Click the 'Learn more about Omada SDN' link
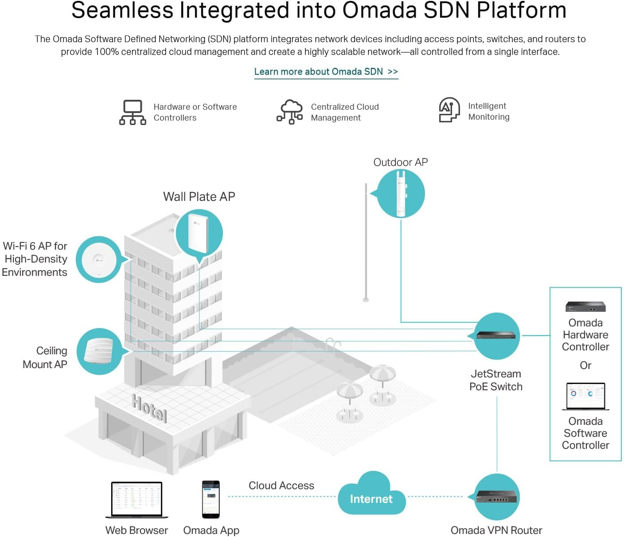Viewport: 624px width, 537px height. coord(326,72)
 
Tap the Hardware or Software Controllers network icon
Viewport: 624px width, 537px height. coord(133,112)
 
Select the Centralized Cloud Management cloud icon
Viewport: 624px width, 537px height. coord(290,112)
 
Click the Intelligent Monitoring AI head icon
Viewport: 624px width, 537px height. coord(448,110)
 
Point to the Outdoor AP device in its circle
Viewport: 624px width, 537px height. coord(401,194)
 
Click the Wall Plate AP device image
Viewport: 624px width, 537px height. coord(198,233)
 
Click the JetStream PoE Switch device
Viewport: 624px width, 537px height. coord(496,335)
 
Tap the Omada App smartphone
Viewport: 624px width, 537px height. coord(211,499)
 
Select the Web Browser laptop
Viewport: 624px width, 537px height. coord(136,499)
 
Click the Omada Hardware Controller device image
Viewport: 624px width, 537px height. coord(585,306)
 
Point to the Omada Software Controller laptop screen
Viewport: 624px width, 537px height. coord(585,396)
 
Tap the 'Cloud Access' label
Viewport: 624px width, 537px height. coord(281,486)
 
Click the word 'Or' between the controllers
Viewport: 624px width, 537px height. coord(585,365)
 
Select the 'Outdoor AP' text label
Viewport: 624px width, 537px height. coord(401,162)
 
